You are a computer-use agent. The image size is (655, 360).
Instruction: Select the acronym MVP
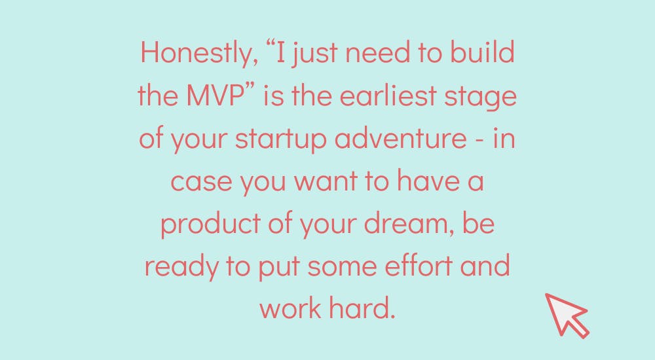tap(215, 95)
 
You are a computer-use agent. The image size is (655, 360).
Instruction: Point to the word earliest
tap(388, 95)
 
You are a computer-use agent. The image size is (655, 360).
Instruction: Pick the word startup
tap(281, 139)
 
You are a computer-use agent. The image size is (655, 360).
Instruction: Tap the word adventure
tap(401, 137)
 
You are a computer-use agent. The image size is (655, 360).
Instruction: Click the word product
tap(210, 224)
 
